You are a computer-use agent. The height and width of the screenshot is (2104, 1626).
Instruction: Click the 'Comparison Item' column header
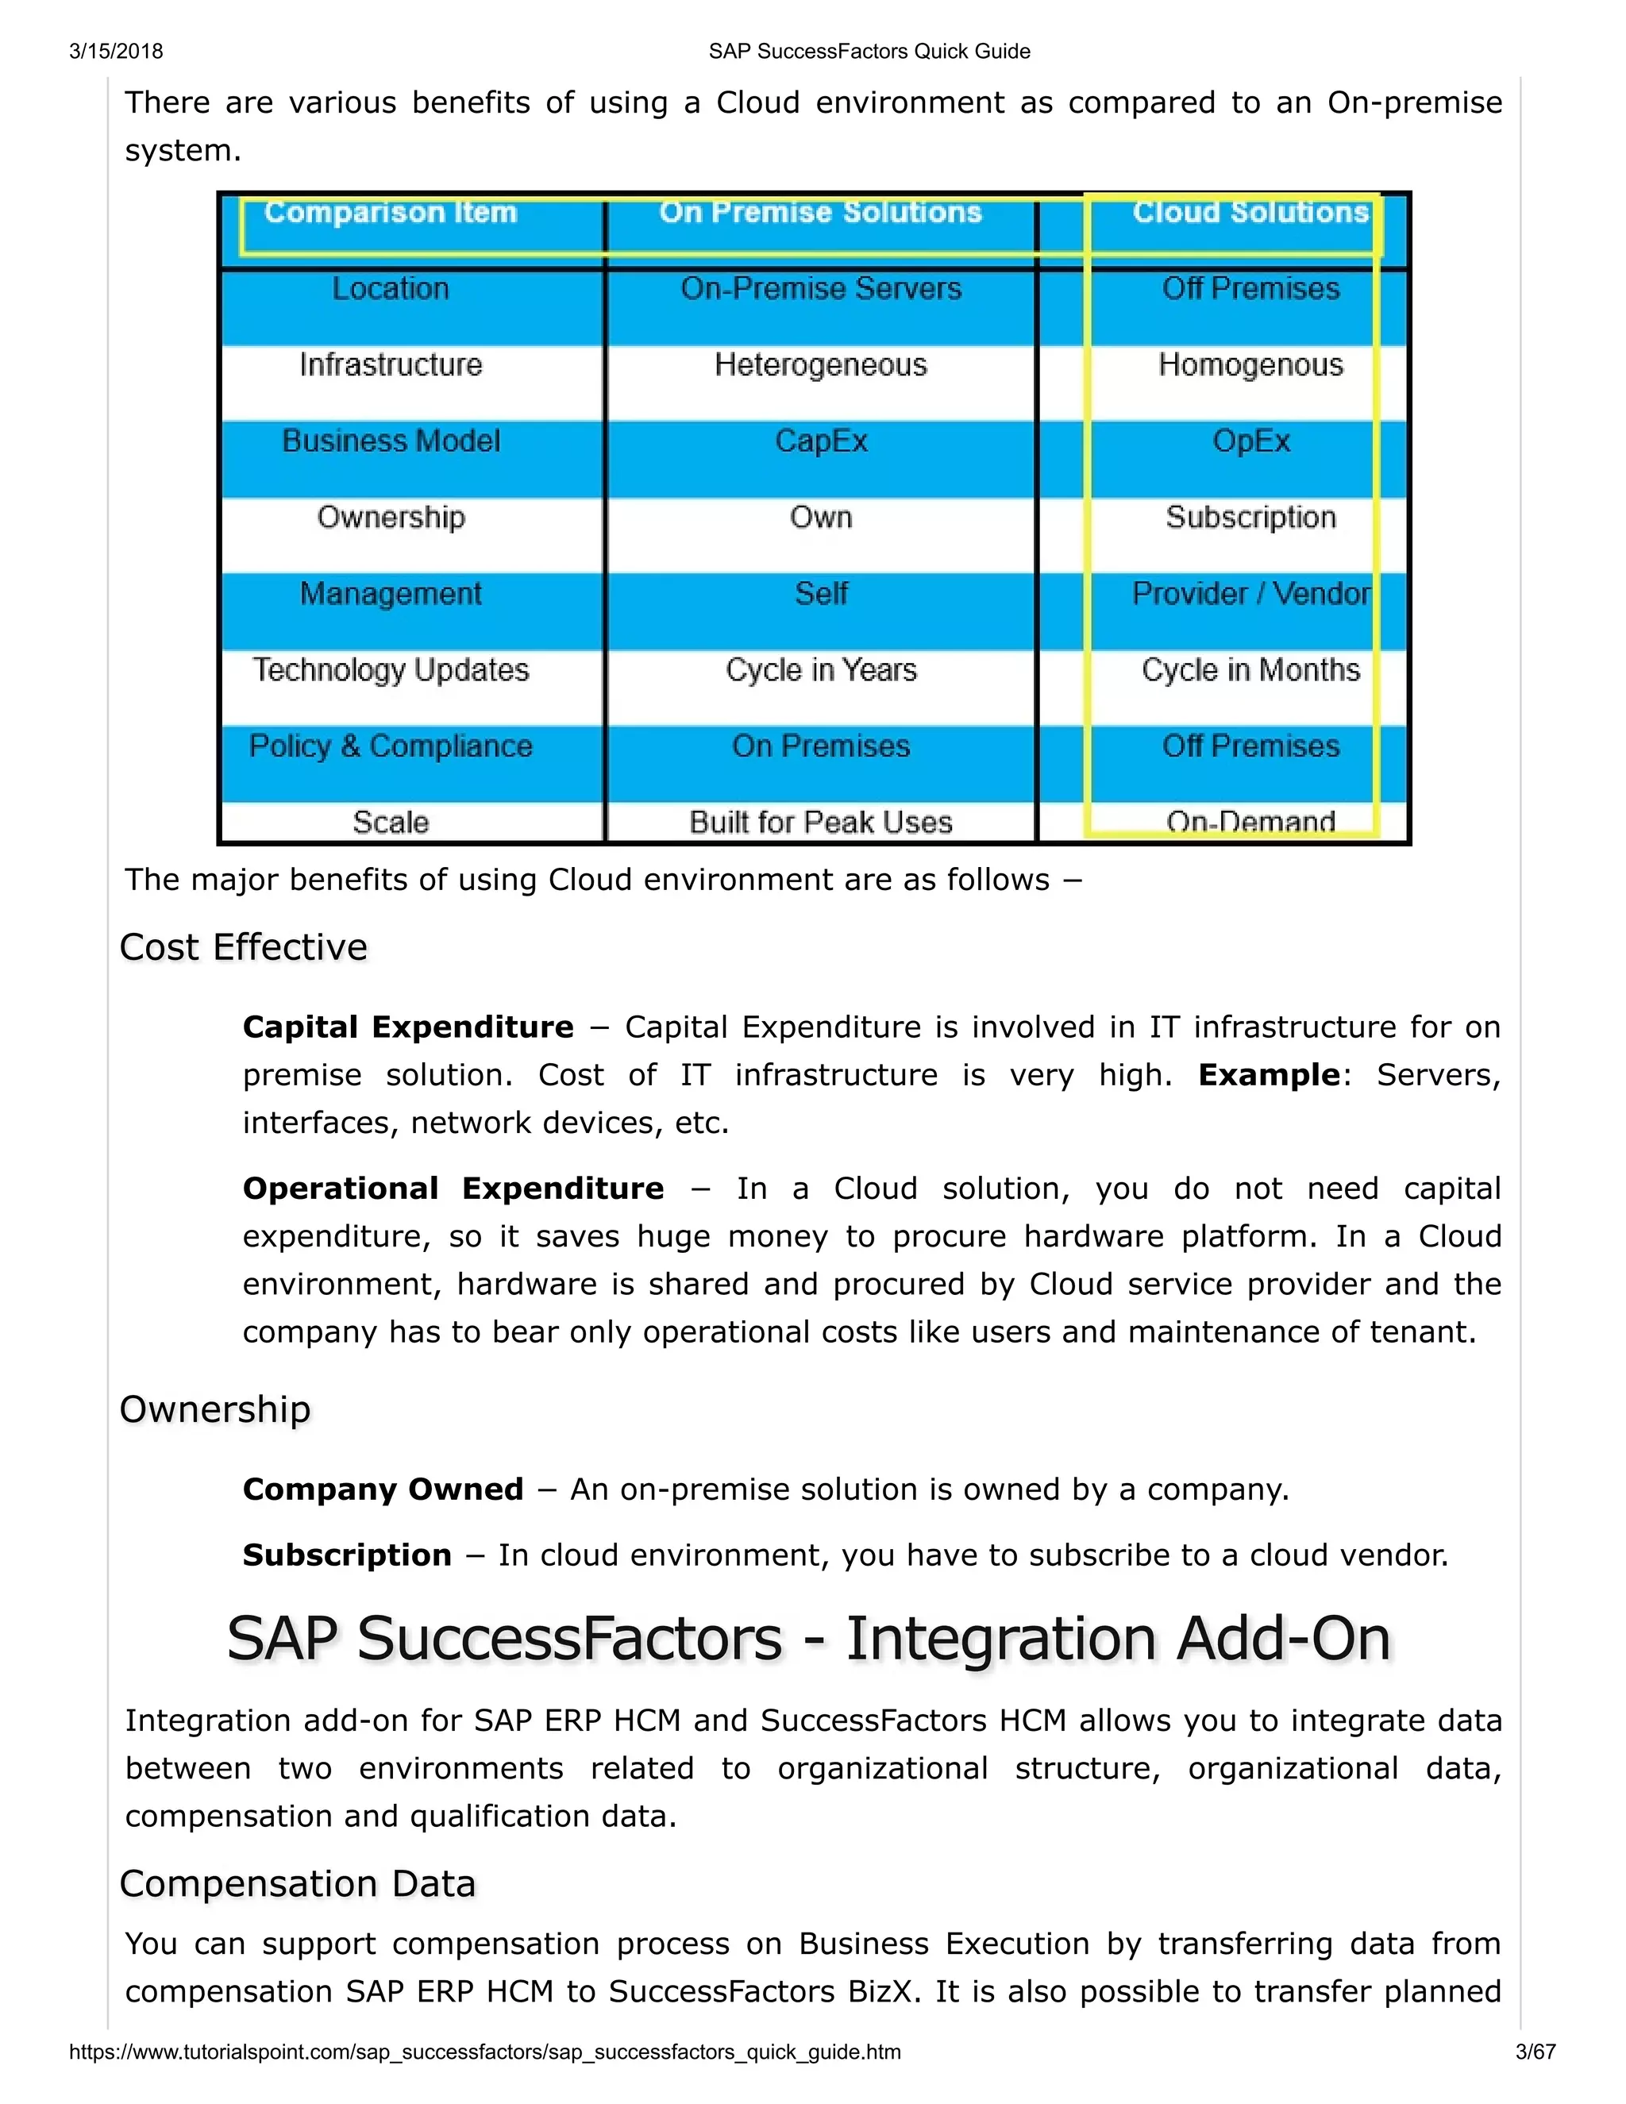click(390, 212)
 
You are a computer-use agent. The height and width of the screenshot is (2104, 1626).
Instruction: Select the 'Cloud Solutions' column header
click(1250, 212)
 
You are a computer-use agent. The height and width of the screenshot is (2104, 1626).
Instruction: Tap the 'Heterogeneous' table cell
click(819, 365)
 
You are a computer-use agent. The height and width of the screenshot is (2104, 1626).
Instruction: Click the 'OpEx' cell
click(1250, 441)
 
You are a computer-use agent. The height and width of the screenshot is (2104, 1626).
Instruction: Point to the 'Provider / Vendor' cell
click(1250, 593)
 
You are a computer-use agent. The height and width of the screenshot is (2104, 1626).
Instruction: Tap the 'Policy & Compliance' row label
click(390, 746)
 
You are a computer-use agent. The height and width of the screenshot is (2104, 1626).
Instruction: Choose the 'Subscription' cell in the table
click(1250, 518)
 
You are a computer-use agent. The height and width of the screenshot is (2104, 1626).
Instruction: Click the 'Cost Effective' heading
click(243, 947)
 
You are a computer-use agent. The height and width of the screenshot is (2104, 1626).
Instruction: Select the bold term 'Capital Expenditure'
click(407, 1027)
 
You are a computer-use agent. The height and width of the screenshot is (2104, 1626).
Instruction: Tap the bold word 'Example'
click(1269, 1075)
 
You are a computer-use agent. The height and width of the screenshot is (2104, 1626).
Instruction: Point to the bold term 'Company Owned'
click(383, 1489)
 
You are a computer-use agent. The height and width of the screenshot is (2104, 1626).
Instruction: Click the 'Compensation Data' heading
click(298, 1883)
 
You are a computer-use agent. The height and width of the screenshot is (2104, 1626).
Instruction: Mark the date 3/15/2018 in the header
click(116, 51)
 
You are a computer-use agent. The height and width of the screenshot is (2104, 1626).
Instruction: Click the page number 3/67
click(1535, 2052)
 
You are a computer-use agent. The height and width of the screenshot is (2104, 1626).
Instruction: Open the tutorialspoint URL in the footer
click(484, 2052)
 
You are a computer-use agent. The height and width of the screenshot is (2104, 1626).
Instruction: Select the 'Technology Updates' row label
click(390, 669)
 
